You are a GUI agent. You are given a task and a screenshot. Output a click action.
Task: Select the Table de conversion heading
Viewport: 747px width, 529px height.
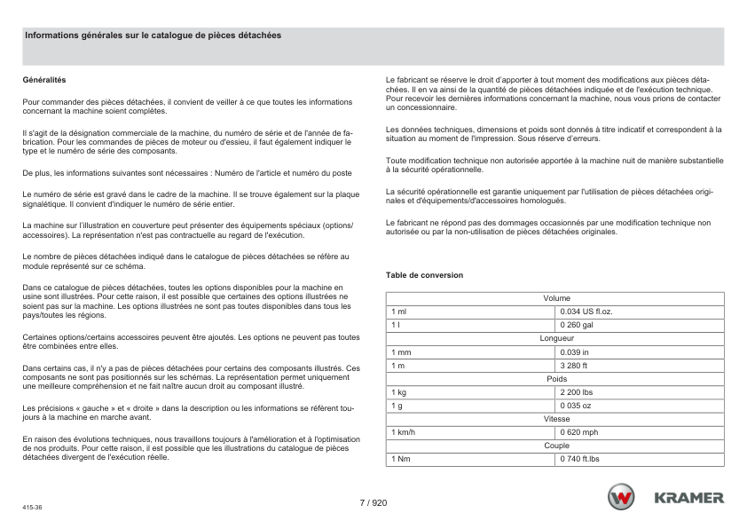(424, 275)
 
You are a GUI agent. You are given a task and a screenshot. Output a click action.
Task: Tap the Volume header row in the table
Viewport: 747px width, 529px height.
(556, 299)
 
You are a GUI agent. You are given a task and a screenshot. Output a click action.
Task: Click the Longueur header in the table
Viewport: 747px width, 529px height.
(556, 339)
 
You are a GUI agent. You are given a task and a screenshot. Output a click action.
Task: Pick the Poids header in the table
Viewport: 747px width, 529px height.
(556, 379)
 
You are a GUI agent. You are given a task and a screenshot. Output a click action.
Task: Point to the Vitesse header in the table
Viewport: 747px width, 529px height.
(556, 419)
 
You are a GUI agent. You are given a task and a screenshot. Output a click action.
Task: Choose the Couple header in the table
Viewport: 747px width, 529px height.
(556, 446)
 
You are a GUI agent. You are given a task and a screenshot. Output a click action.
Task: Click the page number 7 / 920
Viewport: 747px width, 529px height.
(373, 502)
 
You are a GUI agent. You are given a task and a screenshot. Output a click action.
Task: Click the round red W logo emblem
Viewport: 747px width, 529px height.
(621, 498)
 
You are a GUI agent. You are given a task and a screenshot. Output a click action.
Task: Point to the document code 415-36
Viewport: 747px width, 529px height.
(33, 507)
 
